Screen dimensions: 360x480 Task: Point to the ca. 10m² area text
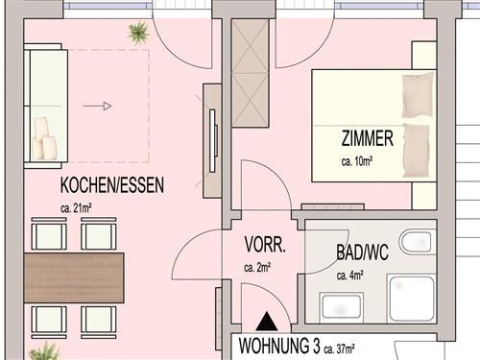356,161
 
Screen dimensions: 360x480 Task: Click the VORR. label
263,245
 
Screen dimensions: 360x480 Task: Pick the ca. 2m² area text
258,267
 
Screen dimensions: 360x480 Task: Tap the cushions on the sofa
43,139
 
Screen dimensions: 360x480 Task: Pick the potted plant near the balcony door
138,31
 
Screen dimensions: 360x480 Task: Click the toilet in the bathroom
418,243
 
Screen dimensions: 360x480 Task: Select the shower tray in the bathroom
412,296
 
